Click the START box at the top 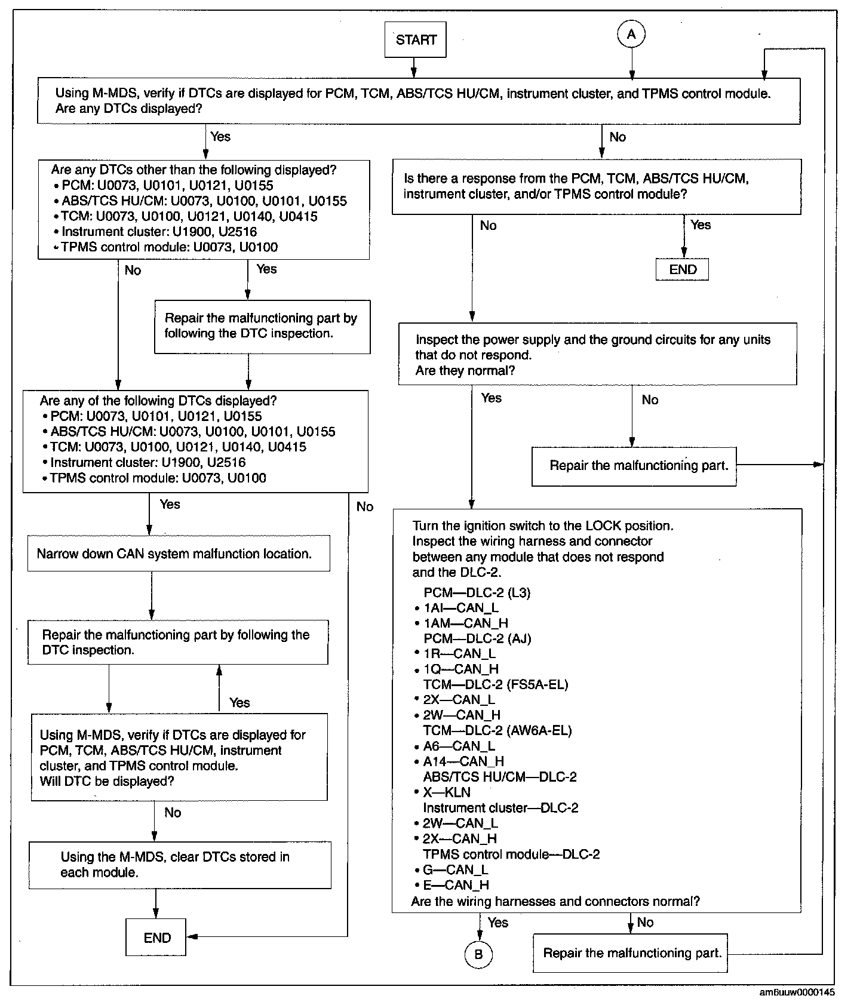tap(416, 40)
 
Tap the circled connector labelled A tap(631, 35)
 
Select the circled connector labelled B tap(478, 955)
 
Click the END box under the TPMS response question tap(683, 270)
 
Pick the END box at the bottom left tap(156, 938)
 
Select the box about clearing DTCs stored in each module tap(180, 865)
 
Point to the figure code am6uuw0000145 tap(797, 992)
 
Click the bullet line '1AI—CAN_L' tap(460, 608)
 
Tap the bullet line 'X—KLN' tap(447, 792)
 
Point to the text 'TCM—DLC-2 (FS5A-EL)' tap(496, 684)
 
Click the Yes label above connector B tap(497, 923)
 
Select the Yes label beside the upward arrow tap(239, 703)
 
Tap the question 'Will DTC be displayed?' tap(107, 782)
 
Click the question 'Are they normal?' tap(465, 371)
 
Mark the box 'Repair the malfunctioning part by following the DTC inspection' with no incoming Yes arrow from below tap(262, 326)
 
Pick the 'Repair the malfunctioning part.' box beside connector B tap(632, 953)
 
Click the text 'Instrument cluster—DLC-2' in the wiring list tap(500, 808)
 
